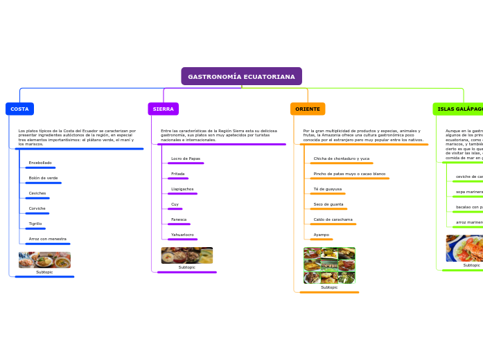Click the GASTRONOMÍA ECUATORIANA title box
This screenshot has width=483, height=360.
[241, 76]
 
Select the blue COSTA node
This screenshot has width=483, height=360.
[19, 109]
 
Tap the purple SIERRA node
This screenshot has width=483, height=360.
[163, 109]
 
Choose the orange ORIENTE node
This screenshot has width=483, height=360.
[308, 109]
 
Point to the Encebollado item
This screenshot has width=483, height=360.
[40, 163]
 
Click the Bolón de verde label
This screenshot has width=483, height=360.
[43, 178]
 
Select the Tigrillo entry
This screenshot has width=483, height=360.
[35, 224]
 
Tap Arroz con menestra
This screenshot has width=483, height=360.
[48, 239]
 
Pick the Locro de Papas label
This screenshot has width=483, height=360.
[186, 159]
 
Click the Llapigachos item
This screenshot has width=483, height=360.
[182, 189]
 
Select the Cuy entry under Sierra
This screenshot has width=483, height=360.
[175, 204]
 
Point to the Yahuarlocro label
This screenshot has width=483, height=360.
[182, 235]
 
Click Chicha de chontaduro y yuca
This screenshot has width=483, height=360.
[341, 159]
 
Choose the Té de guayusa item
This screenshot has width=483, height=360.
[327, 189]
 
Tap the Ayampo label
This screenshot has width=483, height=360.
[322, 235]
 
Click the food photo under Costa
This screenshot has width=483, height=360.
[44, 260]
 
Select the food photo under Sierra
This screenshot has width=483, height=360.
[187, 255]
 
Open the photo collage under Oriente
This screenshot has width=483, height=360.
[329, 266]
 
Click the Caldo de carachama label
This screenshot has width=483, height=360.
[333, 219]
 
